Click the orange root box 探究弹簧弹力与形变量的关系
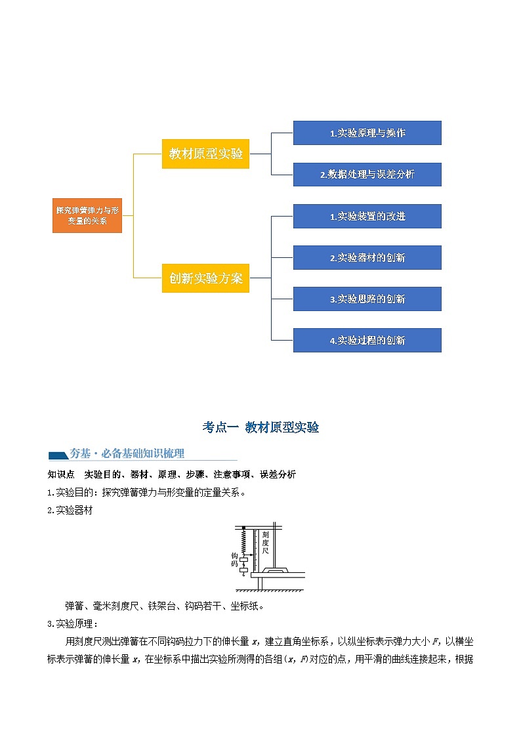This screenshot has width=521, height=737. pos(87,215)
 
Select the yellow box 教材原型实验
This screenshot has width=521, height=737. pos(205,154)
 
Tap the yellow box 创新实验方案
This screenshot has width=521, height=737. pos(205,278)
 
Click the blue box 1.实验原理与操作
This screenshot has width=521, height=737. pos(367,133)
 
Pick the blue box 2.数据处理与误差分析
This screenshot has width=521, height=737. pos(367,175)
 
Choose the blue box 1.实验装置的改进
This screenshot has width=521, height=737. pos(367,216)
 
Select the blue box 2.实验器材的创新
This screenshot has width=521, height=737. pos(367,257)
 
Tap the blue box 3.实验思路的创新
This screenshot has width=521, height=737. pos(367,299)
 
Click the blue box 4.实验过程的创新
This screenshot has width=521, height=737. pos(367,340)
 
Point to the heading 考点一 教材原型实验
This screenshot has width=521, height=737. pos(260,427)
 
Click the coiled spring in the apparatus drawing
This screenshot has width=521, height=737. pos(243,542)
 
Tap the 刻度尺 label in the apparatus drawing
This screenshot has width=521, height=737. pos(265,543)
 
